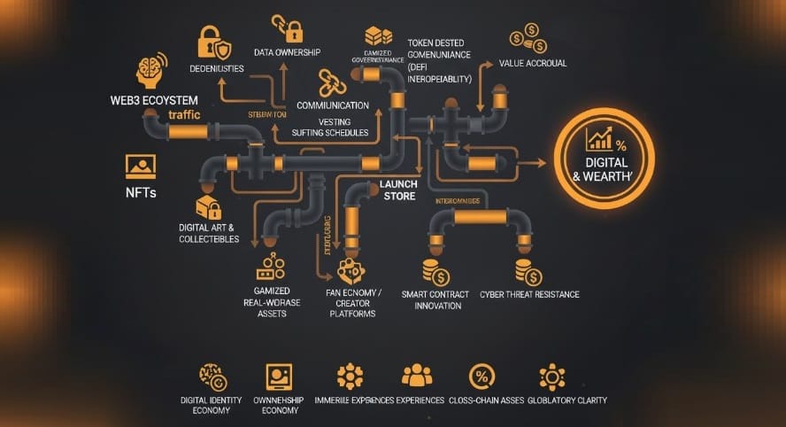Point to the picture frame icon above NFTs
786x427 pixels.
[140, 167]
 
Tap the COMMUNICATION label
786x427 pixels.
[333, 105]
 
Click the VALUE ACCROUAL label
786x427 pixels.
[533, 64]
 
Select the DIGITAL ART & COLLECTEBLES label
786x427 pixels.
[209, 233]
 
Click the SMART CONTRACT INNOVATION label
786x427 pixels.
[431, 299]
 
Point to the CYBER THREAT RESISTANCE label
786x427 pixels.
[530, 294]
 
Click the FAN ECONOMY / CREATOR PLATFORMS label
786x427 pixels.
[351, 302]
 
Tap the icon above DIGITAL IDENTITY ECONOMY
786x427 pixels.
[212, 376]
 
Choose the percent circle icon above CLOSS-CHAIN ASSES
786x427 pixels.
[482, 376]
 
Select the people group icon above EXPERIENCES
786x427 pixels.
[417, 376]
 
